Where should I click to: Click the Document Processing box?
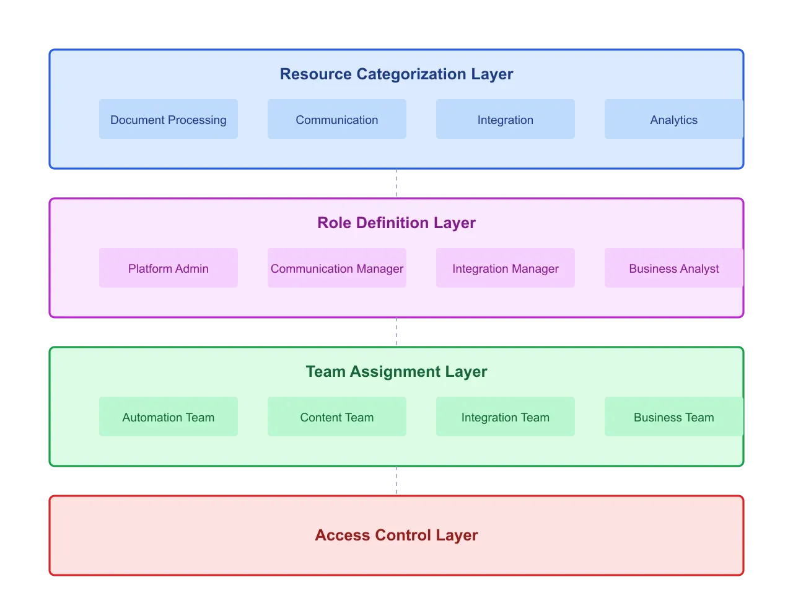[169, 119]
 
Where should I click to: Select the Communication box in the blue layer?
[337, 119]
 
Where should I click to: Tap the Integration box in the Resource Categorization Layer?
[506, 119]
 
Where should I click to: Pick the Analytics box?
[673, 119]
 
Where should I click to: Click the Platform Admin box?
[169, 268]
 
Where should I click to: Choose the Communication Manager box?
[337, 268]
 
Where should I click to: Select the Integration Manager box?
[506, 268]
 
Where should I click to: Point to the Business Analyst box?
[673, 268]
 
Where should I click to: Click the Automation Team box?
[169, 416]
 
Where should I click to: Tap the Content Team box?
[337, 416]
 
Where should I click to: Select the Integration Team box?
[506, 416]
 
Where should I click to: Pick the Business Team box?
[673, 416]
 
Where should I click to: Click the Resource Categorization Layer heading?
[396, 74]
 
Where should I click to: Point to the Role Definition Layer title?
[396, 223]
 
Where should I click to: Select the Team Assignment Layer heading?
[396, 371]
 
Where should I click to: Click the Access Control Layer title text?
[396, 535]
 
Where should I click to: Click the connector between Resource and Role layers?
[396, 183]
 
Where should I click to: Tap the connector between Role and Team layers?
[396, 332]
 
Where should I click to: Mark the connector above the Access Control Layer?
[396, 481]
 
